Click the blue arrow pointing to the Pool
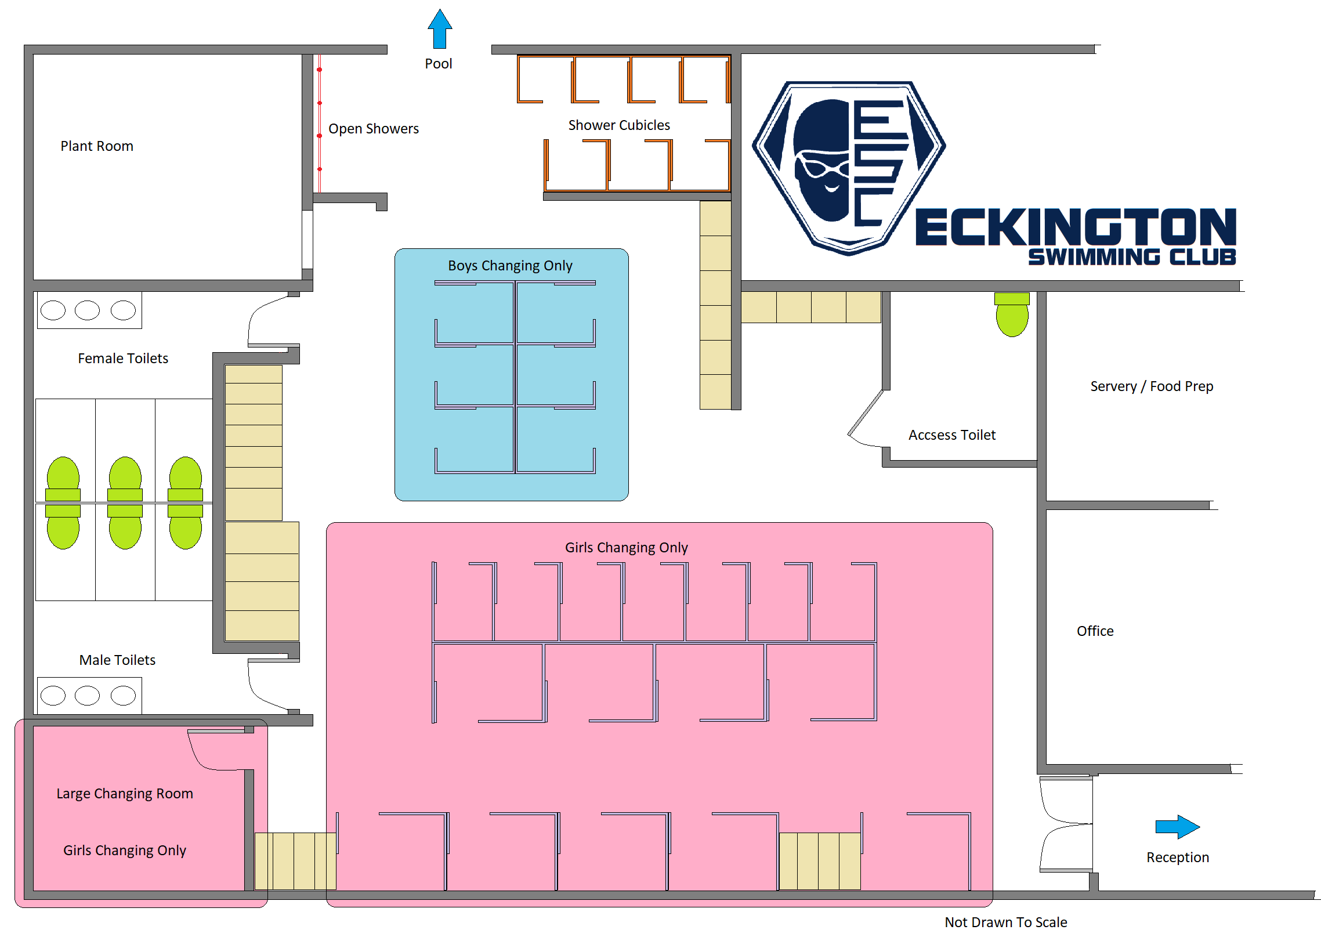pyautogui.click(x=440, y=29)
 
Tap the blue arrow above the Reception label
pyautogui.click(x=1177, y=827)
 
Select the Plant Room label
pyautogui.click(x=97, y=146)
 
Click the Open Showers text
pyautogui.click(x=374, y=129)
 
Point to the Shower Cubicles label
pyautogui.click(x=619, y=125)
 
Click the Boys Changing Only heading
pyautogui.click(x=510, y=266)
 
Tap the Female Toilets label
pyautogui.click(x=123, y=359)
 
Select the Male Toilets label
pyautogui.click(x=117, y=660)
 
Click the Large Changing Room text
pyautogui.click(x=125, y=794)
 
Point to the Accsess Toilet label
pyautogui.click(x=952, y=435)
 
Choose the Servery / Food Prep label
pyautogui.click(x=1152, y=386)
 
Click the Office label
pyautogui.click(x=1095, y=631)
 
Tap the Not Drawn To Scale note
pyautogui.click(x=1006, y=922)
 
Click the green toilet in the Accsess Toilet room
pyautogui.click(x=1012, y=314)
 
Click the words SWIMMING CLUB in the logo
pyautogui.click(x=1132, y=257)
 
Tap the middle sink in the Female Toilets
pyautogui.click(x=88, y=310)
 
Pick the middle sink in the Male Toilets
pyautogui.click(x=88, y=696)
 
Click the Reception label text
pyautogui.click(x=1178, y=858)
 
